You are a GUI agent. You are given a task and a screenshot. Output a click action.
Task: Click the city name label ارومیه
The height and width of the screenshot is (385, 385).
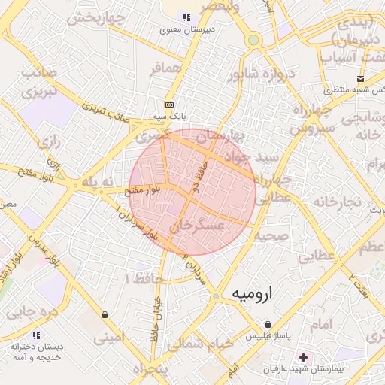click(x=250, y=292)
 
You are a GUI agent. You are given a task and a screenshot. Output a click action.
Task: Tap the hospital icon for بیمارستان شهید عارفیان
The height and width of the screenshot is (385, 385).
click(x=304, y=356)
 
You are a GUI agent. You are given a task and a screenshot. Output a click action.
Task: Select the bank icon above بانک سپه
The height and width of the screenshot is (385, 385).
click(x=169, y=105)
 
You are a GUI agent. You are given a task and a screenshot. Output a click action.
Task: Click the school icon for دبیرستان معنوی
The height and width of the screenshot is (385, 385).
click(x=186, y=17)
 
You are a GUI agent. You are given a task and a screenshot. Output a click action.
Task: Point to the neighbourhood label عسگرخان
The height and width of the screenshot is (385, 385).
click(x=197, y=225)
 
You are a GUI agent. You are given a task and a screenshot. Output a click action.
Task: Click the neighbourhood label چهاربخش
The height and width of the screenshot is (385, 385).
click(x=94, y=19)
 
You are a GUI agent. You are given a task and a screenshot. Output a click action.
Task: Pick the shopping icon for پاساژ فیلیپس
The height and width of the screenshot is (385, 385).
click(x=268, y=324)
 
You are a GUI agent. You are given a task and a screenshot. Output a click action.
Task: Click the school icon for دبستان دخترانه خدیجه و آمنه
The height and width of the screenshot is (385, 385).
click(x=35, y=335)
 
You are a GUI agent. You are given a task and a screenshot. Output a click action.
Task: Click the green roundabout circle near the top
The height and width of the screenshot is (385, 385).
click(x=254, y=40)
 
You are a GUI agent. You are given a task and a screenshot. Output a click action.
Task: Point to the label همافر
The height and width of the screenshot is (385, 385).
click(x=165, y=68)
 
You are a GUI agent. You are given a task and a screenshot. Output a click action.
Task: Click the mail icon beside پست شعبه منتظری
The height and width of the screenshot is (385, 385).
click(x=362, y=78)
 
